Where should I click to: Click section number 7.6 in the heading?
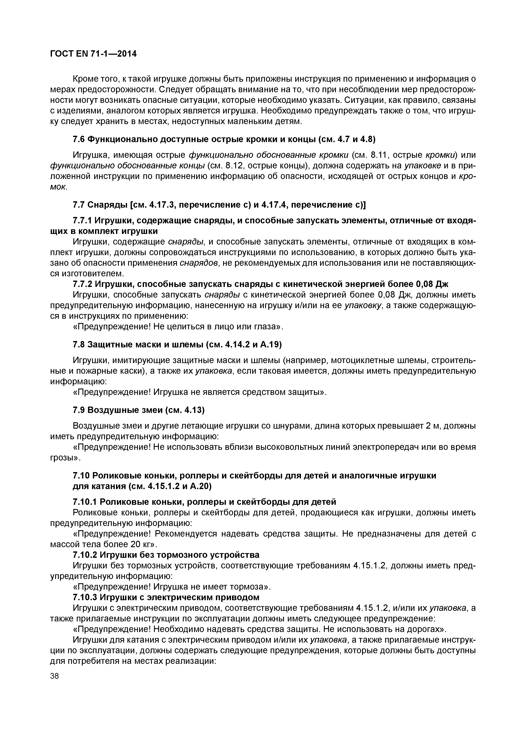79,139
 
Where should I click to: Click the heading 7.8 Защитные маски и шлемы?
177,344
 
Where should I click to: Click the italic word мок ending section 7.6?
58,187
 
